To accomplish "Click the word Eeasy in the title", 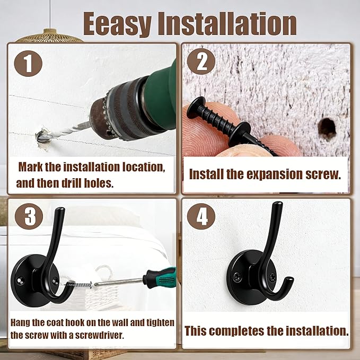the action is (x=117, y=24).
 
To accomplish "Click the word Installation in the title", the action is (x=227, y=23).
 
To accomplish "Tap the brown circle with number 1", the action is (x=28, y=64).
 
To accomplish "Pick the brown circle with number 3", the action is (x=29, y=216).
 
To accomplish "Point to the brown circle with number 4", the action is (x=201, y=216).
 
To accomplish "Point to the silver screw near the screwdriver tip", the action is (x=78, y=285).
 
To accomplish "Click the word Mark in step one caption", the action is (x=30, y=167).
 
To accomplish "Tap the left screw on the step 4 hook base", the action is (x=237, y=277).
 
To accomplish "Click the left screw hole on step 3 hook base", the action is (x=21, y=280).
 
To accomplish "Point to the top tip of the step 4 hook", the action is (x=278, y=203).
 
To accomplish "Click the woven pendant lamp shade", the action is (x=50, y=36).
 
